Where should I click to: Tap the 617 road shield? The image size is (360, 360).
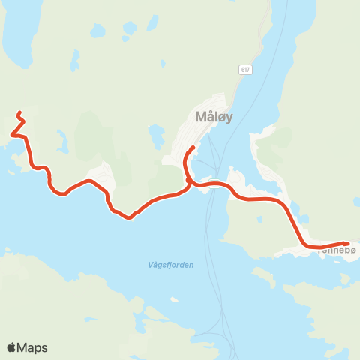pos(245,70)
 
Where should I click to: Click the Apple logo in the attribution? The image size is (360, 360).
pos(12,347)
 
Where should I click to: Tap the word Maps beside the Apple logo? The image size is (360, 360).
pos(33,347)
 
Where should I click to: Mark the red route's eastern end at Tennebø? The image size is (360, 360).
pos(346,243)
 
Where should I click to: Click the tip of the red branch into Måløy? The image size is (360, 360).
pos(193,147)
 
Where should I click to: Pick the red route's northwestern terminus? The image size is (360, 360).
pos(18,113)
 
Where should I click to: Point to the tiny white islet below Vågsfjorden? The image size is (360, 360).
pos(175,299)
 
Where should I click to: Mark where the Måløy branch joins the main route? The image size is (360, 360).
pos(188,181)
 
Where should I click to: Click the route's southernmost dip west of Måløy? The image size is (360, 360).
pos(130,218)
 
